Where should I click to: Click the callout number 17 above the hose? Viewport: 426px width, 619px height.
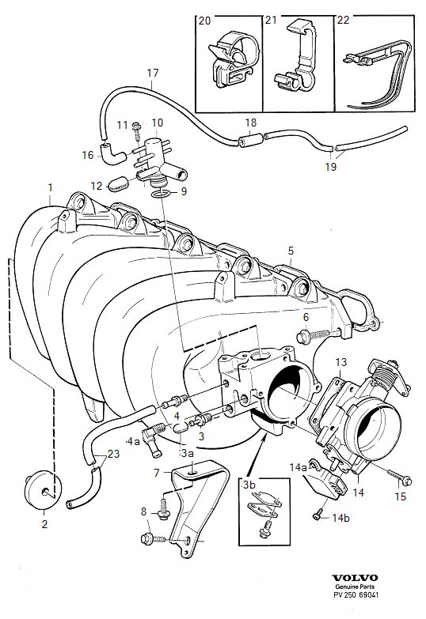click(153, 74)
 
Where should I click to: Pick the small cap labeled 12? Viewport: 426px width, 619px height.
click(119, 185)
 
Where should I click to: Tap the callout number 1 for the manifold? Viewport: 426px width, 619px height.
click(50, 188)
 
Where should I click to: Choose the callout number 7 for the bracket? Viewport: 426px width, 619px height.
click(157, 472)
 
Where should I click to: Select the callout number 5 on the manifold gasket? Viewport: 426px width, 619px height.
click(290, 251)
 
